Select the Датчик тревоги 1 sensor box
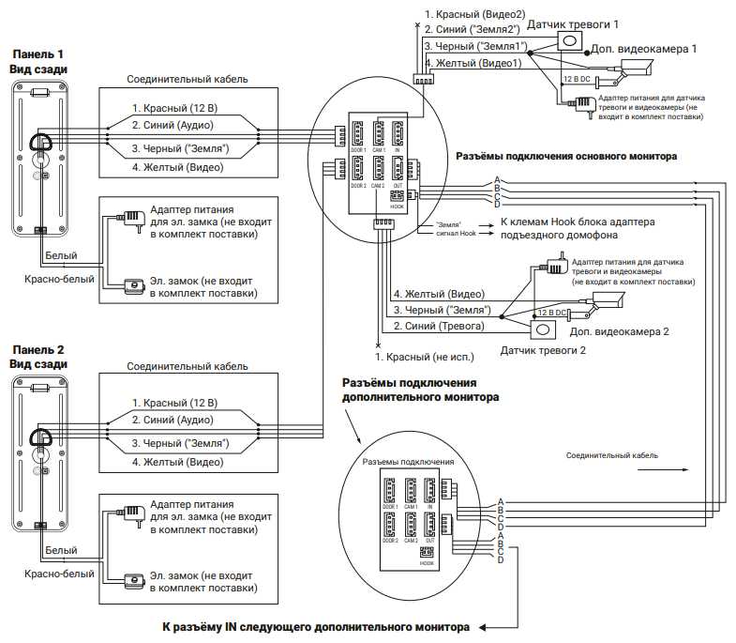[x=570, y=41]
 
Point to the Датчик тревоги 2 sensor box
[x=543, y=329]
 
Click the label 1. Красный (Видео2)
[x=469, y=14]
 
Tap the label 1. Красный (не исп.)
[x=425, y=357]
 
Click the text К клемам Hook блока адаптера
[x=575, y=222]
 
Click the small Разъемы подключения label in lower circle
[x=408, y=462]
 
